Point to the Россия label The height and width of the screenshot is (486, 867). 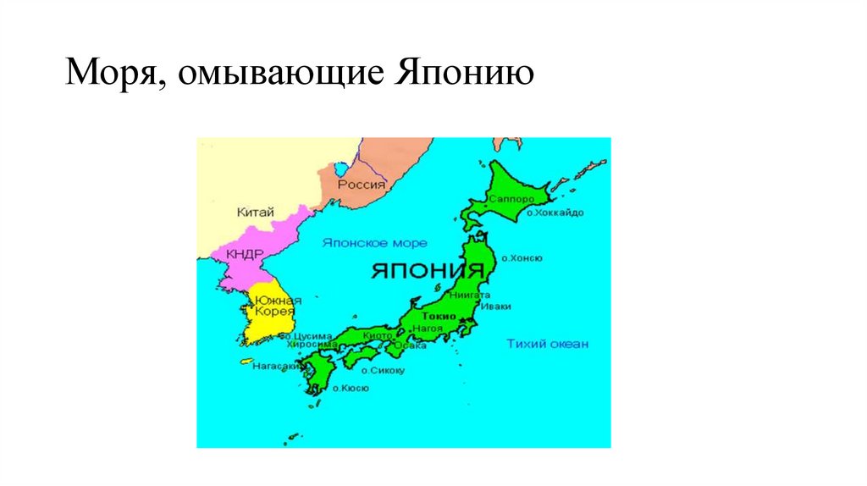click(362, 184)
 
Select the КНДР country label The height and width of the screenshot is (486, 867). click(244, 254)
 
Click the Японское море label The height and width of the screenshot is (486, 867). click(375, 243)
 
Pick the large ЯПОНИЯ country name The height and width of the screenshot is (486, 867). click(428, 271)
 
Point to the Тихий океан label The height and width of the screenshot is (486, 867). click(547, 344)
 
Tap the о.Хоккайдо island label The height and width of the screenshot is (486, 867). click(555, 213)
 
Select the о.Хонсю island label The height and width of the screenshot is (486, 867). click(522, 257)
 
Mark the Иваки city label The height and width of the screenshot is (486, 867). click(494, 307)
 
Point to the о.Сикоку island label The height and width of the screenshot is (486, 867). click(383, 370)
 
